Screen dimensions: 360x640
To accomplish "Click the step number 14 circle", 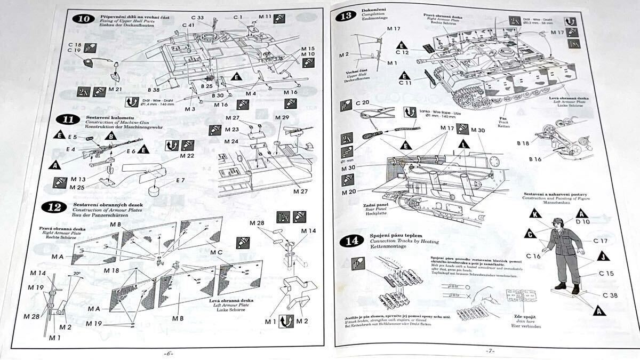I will (x=351, y=241).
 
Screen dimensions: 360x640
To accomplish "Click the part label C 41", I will (x=188, y=26).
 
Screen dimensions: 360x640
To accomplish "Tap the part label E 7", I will (x=180, y=180).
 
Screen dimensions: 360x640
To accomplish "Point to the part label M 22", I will (x=187, y=156).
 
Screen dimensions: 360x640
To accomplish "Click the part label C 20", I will (x=362, y=102).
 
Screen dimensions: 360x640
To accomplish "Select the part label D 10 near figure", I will (x=582, y=221).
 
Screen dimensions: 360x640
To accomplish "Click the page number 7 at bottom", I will (x=490, y=350).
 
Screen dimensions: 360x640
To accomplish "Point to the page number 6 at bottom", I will (x=170, y=354).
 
